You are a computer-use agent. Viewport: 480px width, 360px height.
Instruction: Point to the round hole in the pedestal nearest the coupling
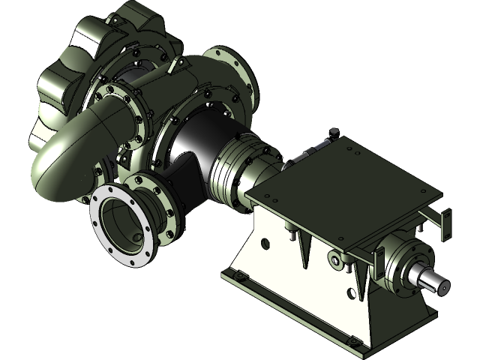pos(265,242)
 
